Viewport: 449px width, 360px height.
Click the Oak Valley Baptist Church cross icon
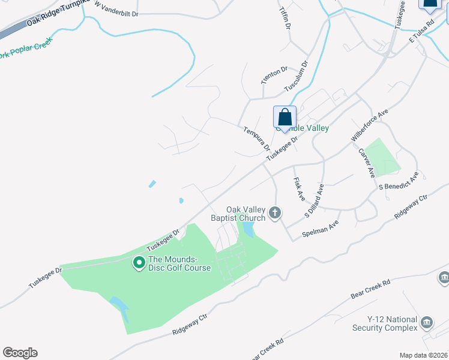coord(276,212)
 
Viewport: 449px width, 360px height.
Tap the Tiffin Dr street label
coord(285,19)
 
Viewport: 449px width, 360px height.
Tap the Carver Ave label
coord(366,162)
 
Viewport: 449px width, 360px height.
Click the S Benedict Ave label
coord(398,181)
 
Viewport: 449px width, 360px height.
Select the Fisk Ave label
coord(299,189)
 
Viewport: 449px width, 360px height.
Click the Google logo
coord(20,353)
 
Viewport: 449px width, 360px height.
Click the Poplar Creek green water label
coord(26,49)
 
